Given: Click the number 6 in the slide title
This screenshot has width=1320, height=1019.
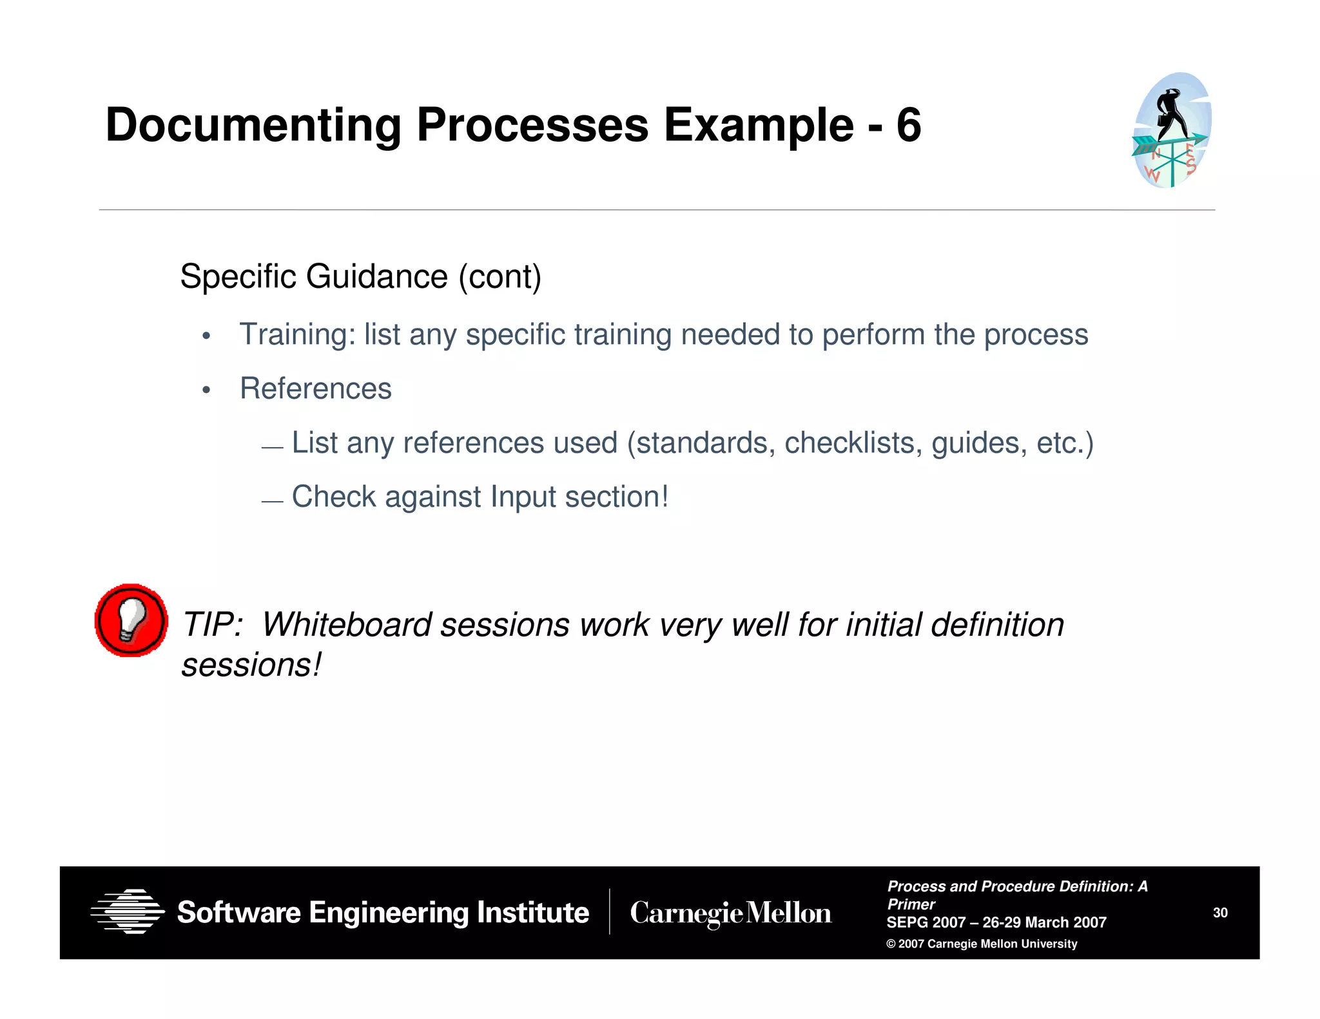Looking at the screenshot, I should point(908,125).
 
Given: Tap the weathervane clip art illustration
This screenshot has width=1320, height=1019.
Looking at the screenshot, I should point(1172,131).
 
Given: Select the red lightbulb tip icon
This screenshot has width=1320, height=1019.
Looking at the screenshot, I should point(131,620).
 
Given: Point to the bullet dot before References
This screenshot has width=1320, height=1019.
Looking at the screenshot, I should point(206,390).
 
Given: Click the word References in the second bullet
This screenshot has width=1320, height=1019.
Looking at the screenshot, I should point(316,389).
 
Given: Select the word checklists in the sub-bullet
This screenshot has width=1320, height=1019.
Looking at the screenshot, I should point(853,443).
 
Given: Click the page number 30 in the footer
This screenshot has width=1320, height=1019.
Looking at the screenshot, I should point(1220,913).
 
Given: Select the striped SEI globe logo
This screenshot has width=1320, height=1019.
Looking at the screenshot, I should point(128,911).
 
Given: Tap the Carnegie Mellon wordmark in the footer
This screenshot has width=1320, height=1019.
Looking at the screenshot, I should point(730,913).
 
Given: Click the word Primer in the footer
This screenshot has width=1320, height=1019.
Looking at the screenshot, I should point(911,904).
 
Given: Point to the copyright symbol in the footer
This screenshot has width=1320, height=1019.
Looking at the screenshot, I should point(891,944).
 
